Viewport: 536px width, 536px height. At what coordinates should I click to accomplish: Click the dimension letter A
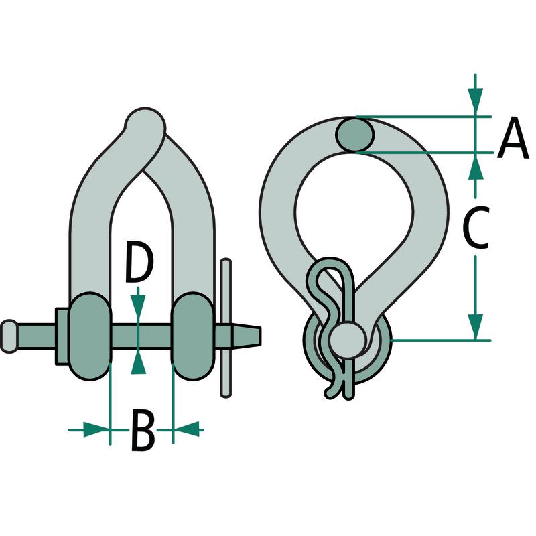[513, 138]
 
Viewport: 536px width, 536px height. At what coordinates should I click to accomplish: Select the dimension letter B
[143, 429]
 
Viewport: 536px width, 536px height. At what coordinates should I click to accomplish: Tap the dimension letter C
[476, 227]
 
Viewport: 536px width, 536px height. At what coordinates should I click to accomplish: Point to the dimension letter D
[139, 262]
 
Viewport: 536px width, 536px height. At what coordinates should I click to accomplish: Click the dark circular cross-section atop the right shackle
[354, 134]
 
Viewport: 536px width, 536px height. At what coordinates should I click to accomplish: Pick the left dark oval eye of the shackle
[90, 336]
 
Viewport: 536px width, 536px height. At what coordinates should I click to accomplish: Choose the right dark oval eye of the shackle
[193, 336]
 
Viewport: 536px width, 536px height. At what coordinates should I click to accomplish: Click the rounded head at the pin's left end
[9, 336]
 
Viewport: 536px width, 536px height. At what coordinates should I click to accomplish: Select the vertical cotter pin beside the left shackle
[226, 328]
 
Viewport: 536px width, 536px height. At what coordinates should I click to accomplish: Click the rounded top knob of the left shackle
[145, 124]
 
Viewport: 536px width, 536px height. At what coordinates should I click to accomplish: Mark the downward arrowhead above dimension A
[476, 99]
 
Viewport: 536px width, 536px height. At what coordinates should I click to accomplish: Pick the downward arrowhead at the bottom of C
[476, 326]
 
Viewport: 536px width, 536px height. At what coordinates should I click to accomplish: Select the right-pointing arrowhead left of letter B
[95, 429]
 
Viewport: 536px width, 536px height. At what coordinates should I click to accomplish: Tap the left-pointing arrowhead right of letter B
[188, 429]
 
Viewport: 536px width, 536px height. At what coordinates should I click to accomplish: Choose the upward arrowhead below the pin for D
[138, 363]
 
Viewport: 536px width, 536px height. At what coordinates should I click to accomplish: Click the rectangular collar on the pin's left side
[62, 336]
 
